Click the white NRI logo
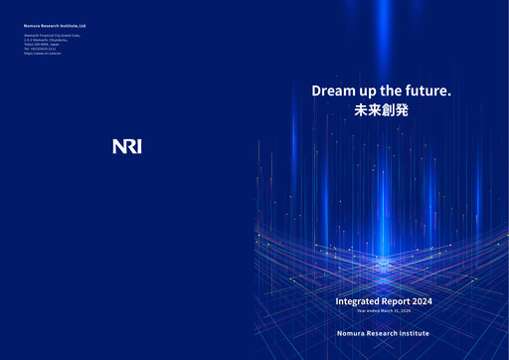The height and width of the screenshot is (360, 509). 127,146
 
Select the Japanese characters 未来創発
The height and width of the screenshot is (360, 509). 382,110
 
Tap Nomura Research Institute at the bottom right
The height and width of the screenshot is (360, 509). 383,333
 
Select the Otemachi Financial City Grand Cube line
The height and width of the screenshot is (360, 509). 52,35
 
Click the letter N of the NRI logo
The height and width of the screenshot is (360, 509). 118,146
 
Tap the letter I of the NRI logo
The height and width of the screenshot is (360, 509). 138,146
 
